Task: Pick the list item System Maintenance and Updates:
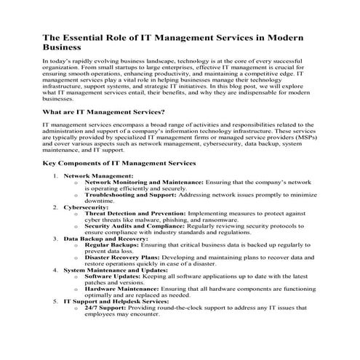116,269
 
